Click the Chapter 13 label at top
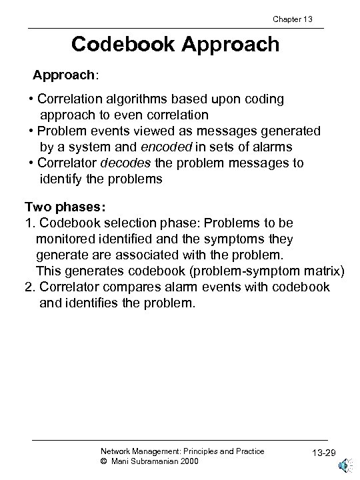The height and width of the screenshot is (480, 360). pos(291,19)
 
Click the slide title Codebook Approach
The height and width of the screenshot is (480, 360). pos(176,45)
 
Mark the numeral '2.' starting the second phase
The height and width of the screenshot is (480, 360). pos(31,287)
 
